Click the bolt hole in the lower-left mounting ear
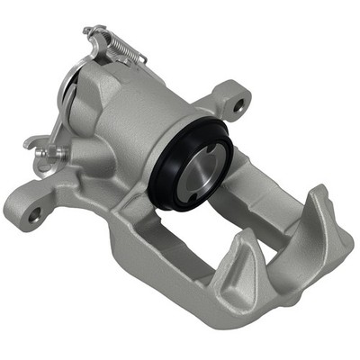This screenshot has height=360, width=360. coord(34,214)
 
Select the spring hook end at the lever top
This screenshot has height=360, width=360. coord(90,31)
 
